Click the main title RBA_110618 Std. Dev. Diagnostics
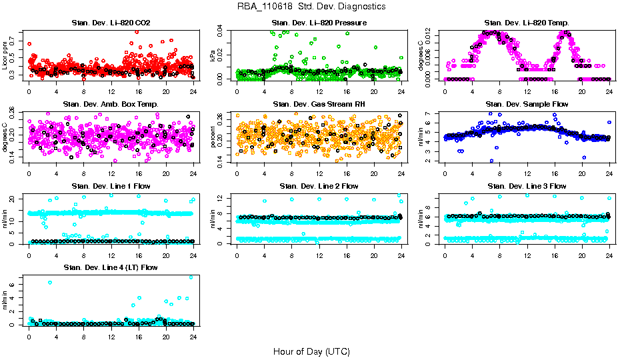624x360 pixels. [311, 7]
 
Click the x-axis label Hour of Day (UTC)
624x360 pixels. [311, 351]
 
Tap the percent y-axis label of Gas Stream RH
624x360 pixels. [213, 137]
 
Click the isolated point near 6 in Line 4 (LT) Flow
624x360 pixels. [49, 283]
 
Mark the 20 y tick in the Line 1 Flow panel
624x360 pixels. [15, 199]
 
